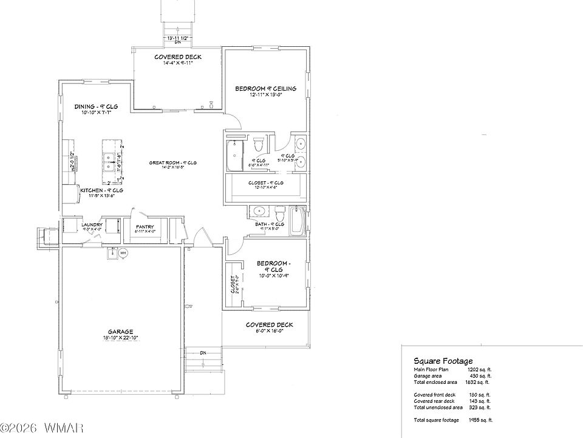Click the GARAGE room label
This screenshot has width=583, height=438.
[x=121, y=332]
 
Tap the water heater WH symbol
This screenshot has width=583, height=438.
[x=123, y=253]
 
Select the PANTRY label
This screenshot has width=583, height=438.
[x=146, y=225]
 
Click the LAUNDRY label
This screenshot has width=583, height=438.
[x=92, y=224]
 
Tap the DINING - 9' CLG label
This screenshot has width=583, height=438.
[x=96, y=106]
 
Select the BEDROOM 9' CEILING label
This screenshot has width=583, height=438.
[x=266, y=89]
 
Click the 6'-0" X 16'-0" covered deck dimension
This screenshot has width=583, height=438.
[x=269, y=331]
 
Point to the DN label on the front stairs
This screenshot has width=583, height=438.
[x=203, y=353]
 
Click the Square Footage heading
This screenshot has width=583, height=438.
[x=443, y=361]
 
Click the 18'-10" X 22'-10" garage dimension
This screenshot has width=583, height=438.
[x=121, y=338]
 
